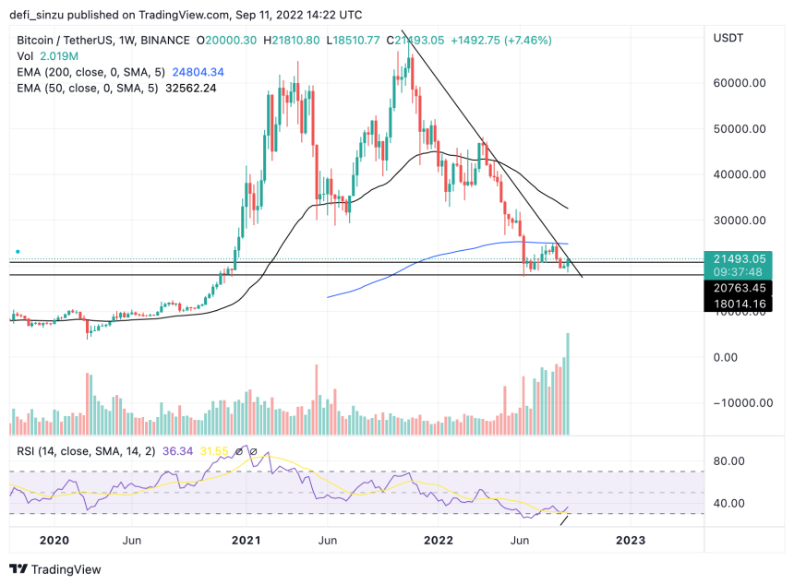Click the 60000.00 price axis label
point(742,83)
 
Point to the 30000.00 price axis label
point(742,221)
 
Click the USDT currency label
point(729,39)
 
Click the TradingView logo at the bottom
point(55,569)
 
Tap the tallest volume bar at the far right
point(567,384)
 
